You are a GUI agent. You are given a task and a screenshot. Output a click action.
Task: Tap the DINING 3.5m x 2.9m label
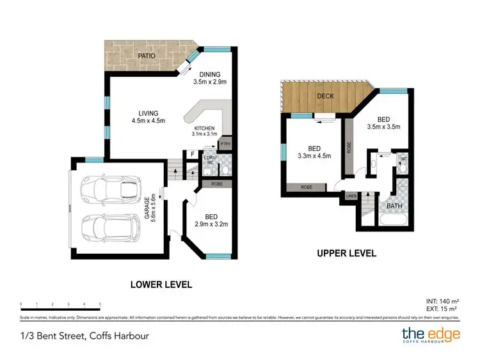pyautogui.click(x=210, y=78)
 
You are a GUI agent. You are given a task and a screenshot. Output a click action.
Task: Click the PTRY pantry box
pyautogui.click(x=225, y=145)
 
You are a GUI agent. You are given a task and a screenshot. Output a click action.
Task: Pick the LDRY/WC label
pyautogui.click(x=209, y=160)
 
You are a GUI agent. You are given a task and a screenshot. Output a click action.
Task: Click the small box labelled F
pyautogui.click(x=191, y=154)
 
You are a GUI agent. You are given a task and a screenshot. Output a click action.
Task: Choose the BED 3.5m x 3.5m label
pyautogui.click(x=384, y=123)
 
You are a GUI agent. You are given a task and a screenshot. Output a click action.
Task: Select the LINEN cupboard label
pyautogui.click(x=351, y=196)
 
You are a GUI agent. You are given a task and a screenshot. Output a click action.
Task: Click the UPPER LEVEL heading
pyautogui.click(x=346, y=253)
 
